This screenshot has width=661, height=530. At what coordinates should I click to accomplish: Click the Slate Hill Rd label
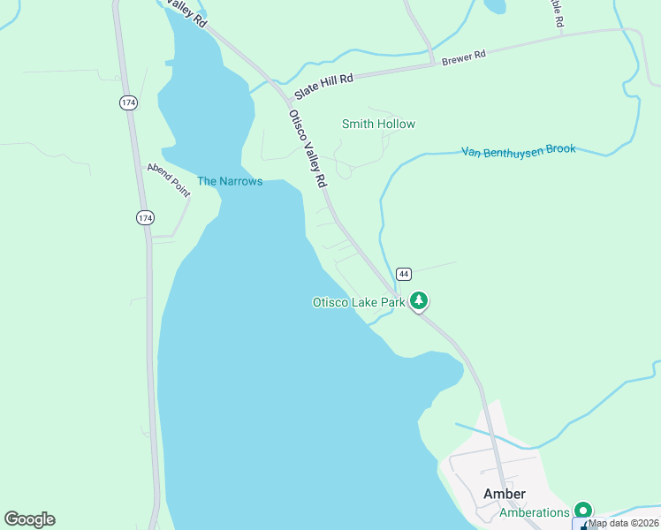pyautogui.click(x=324, y=79)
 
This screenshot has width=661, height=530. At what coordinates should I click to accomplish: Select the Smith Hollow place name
pyautogui.click(x=378, y=124)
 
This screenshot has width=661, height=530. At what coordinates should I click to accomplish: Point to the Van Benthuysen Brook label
pyautogui.click(x=518, y=150)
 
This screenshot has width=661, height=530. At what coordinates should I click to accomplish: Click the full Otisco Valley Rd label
pyautogui.click(x=308, y=148)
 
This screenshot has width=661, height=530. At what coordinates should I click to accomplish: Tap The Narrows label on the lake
pyautogui.click(x=229, y=181)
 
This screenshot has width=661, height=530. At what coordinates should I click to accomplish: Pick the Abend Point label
pyautogui.click(x=169, y=179)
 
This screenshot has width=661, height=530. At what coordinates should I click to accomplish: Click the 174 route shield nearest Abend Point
pyautogui.click(x=145, y=217)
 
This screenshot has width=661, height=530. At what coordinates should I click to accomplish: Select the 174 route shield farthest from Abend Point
pyautogui.click(x=128, y=103)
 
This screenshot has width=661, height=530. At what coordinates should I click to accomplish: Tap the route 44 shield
pyautogui.click(x=403, y=273)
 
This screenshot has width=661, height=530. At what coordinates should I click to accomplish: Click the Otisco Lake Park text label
pyautogui.click(x=358, y=302)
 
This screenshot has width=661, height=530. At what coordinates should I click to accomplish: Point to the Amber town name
pyautogui.click(x=505, y=494)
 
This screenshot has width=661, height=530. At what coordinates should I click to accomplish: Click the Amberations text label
pyautogui.click(x=534, y=512)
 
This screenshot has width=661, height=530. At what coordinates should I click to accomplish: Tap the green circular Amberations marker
pyautogui.click(x=582, y=510)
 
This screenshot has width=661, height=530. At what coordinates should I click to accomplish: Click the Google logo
pyautogui.click(x=29, y=519)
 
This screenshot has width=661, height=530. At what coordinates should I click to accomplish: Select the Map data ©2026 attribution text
pyautogui.click(x=624, y=523)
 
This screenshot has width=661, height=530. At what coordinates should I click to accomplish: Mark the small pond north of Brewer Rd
pyautogui.click(x=494, y=6)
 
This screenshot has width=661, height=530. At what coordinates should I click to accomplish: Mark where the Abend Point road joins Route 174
pyautogui.click(x=150, y=238)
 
